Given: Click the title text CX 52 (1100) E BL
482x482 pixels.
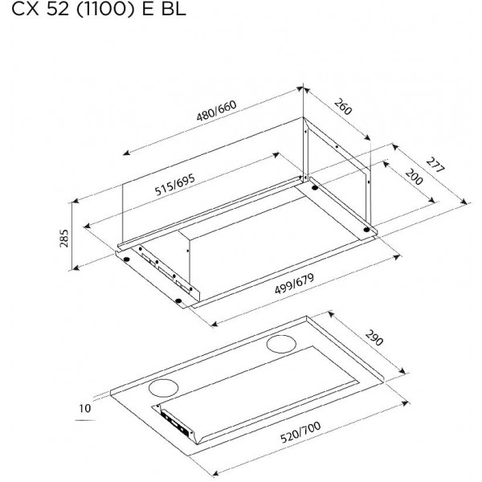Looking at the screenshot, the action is click(x=99, y=9).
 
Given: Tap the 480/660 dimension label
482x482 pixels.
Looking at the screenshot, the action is click(x=216, y=111).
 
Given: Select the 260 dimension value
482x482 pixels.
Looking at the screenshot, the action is click(x=342, y=106).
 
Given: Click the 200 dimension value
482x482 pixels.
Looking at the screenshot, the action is click(x=414, y=177).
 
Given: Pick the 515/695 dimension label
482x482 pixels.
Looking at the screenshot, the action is click(x=174, y=185).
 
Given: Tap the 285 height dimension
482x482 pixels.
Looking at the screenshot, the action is click(x=64, y=239).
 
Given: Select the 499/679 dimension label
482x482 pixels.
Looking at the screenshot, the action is click(x=294, y=284).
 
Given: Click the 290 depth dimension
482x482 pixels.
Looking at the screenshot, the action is click(x=374, y=337).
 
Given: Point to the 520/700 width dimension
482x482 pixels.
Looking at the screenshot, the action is click(x=300, y=432).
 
